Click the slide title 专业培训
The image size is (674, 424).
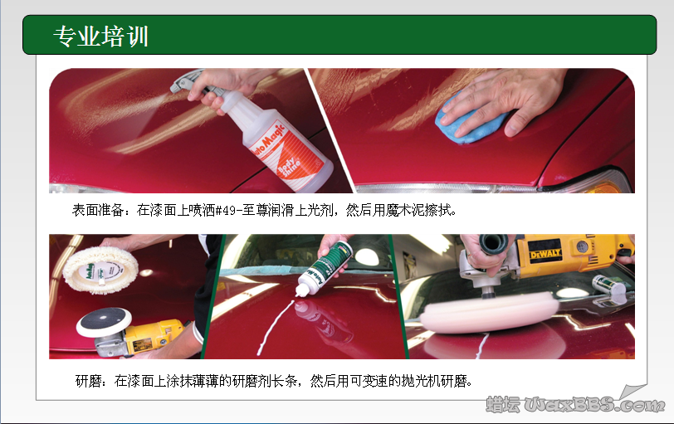(100, 36)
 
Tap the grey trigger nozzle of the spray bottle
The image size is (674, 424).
(185, 83)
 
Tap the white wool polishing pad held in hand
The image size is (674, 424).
(100, 266)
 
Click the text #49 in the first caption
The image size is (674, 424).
(226, 211)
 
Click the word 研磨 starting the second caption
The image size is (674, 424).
(88, 382)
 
